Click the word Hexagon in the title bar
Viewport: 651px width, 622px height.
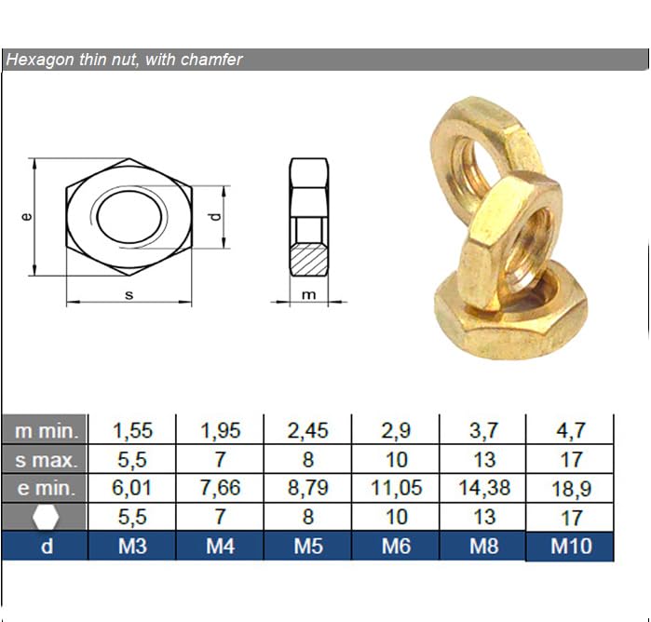pyautogui.click(x=40, y=60)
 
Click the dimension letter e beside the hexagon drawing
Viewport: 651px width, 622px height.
pyautogui.click(x=26, y=216)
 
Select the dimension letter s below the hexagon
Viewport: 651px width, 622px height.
pyautogui.click(x=129, y=295)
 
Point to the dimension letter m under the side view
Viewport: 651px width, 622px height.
pyautogui.click(x=308, y=295)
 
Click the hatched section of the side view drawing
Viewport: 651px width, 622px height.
pyautogui.click(x=309, y=260)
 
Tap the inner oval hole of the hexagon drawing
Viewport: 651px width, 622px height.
pyautogui.click(x=129, y=217)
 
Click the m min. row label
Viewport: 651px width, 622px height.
pyautogui.click(x=47, y=431)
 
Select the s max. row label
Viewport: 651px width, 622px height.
pyautogui.click(x=47, y=460)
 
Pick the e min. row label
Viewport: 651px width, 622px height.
pyautogui.click(x=47, y=489)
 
